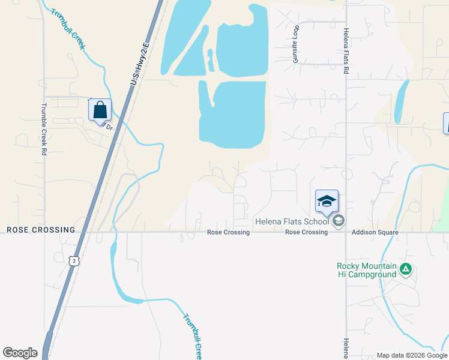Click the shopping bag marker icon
(100, 110)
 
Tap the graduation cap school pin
(327, 201)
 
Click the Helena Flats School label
(292, 222)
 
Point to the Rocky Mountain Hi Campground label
(366, 270)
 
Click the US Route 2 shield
(73, 260)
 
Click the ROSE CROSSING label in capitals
(41, 230)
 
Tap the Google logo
(20, 353)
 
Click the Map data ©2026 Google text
(412, 355)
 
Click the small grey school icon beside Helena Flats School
(339, 221)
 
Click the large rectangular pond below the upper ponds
(233, 115)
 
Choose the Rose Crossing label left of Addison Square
(306, 232)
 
